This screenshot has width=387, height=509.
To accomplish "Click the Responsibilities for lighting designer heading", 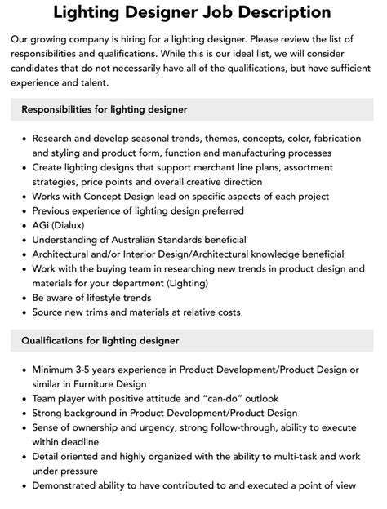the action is [105, 109].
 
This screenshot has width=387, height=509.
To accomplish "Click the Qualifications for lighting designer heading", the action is [100, 340].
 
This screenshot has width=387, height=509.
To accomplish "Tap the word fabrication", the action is [330, 138].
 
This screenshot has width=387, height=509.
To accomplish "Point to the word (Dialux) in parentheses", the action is [76, 225].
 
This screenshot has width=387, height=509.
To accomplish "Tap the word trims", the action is [105, 312].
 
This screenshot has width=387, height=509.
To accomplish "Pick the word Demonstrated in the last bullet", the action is [69, 486].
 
